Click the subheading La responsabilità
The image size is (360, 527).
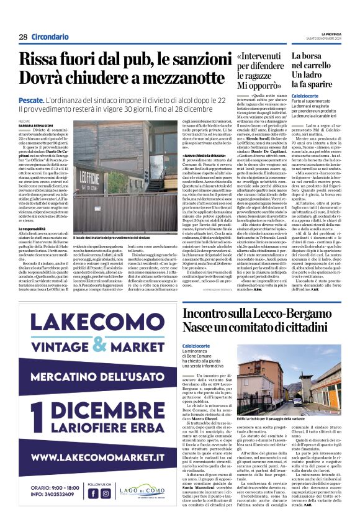pos(36,229)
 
